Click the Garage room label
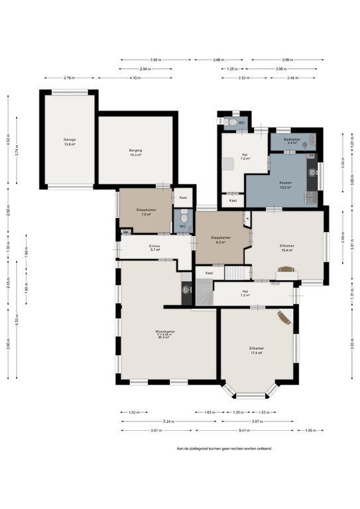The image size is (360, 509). (x=70, y=142)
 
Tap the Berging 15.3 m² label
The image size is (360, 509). (x=135, y=152)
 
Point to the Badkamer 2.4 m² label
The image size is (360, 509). (x=292, y=141)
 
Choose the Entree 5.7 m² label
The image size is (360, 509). (x=155, y=249)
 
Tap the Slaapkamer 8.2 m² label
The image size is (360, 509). (x=220, y=240)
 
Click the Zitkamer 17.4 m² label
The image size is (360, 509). (x=256, y=351)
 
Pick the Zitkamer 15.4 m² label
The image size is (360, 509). (x=286, y=247)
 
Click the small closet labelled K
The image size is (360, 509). (x=247, y=218)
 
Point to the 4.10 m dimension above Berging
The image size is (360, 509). (x=135, y=78)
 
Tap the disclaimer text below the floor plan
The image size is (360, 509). (x=223, y=448)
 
